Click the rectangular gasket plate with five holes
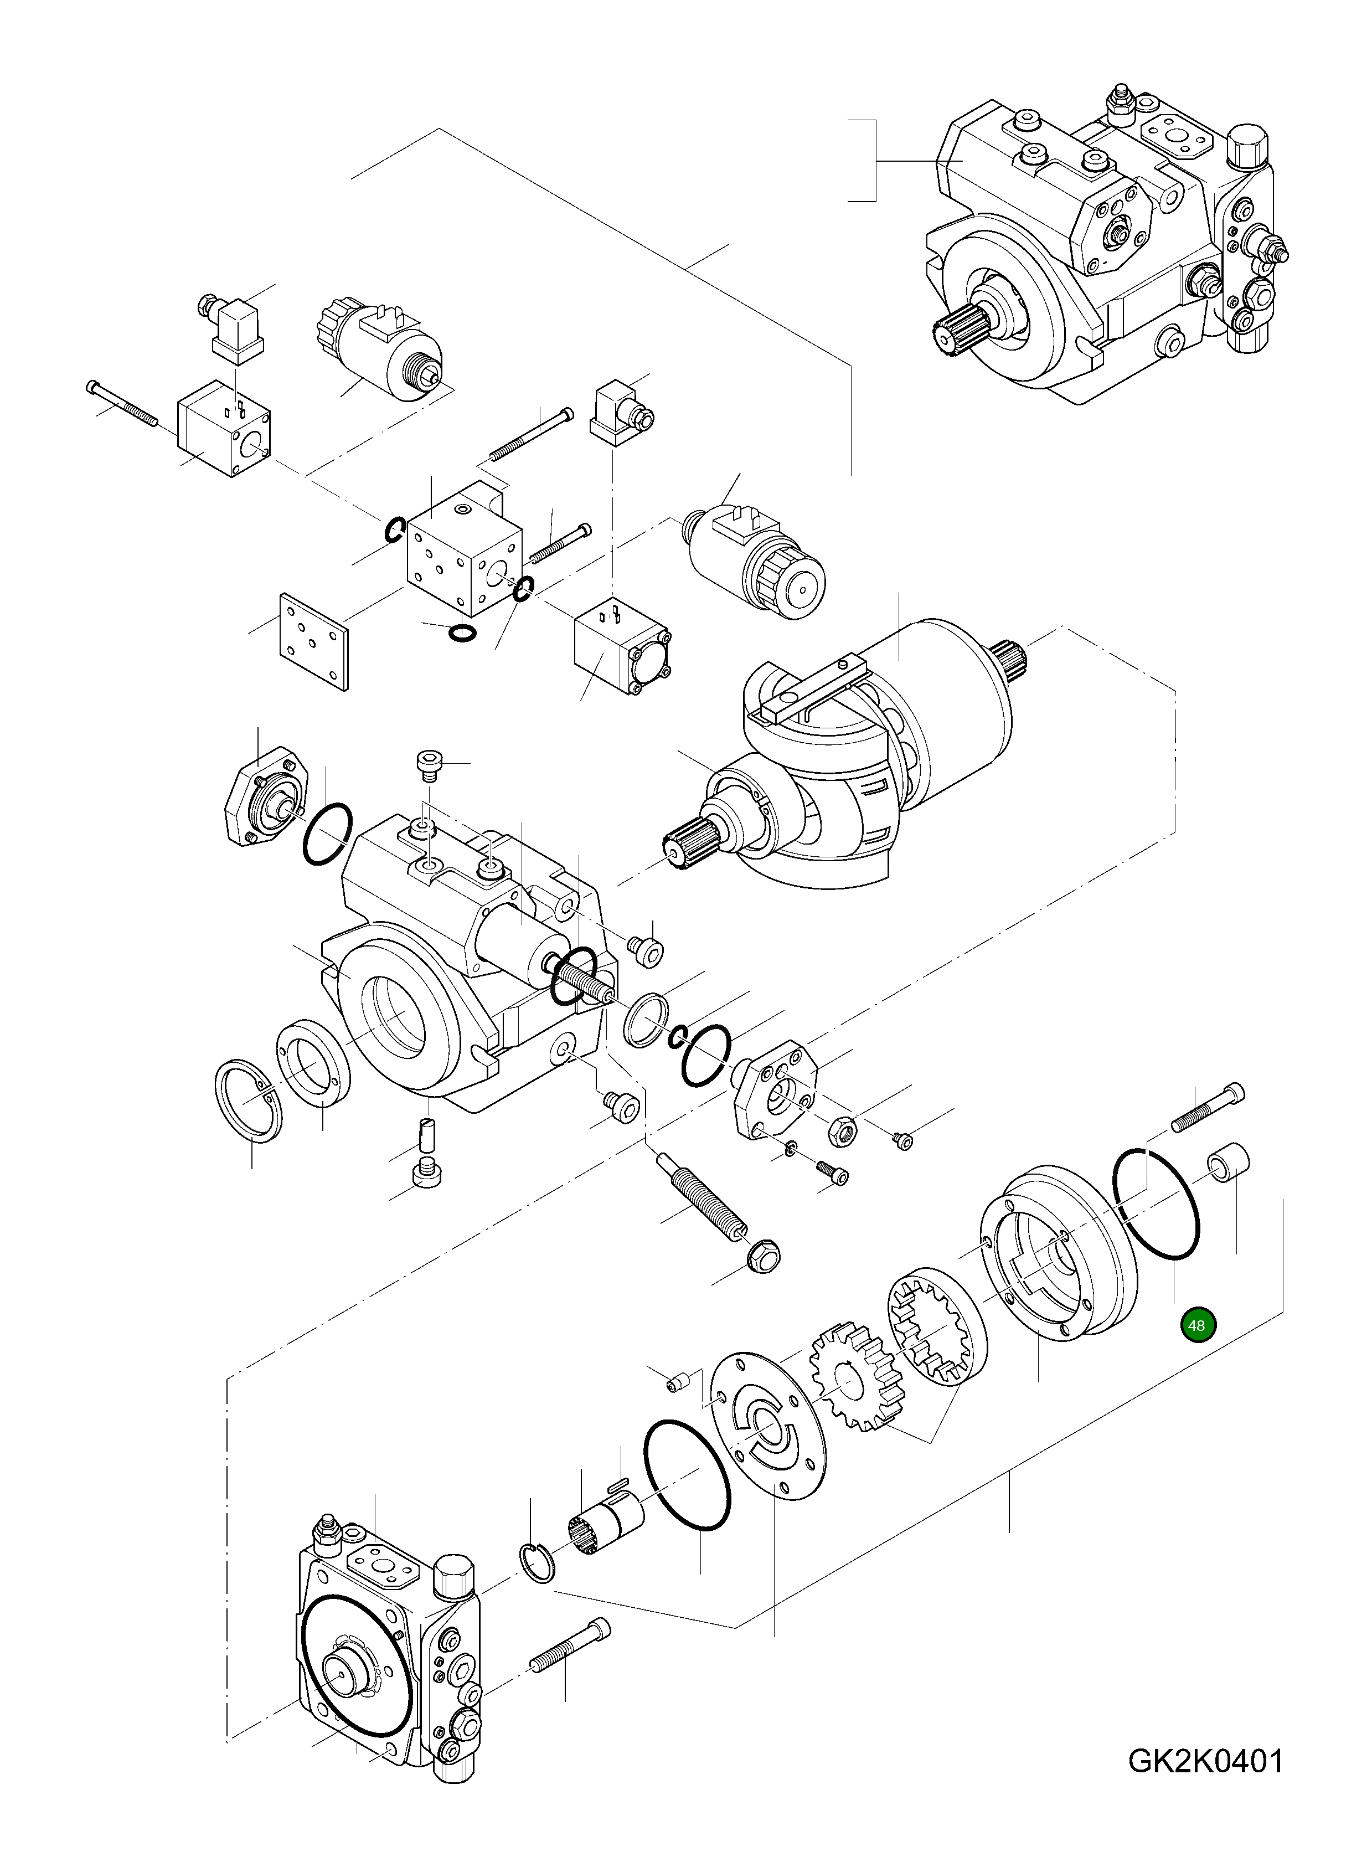pyautogui.click(x=314, y=640)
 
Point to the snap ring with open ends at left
pyautogui.click(x=247, y=1101)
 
